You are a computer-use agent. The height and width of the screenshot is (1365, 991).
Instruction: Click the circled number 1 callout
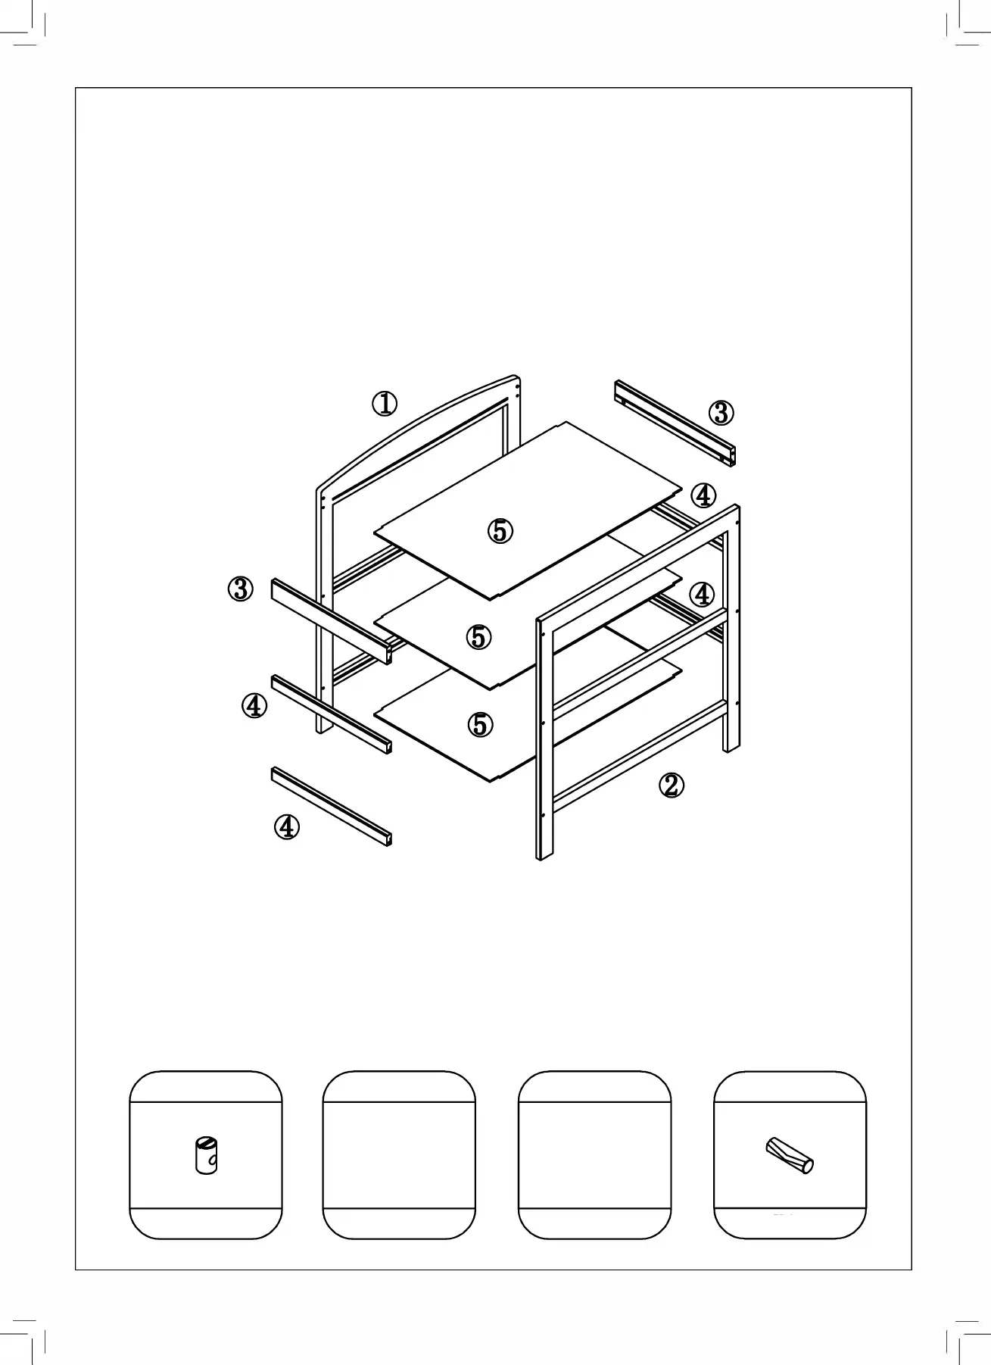(385, 404)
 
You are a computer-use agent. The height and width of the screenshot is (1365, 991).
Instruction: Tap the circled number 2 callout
(672, 786)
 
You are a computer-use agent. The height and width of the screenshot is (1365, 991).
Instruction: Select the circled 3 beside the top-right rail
(721, 413)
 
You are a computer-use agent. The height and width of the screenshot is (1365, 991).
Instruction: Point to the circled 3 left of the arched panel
(241, 589)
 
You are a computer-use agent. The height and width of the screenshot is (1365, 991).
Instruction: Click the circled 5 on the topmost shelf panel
(500, 531)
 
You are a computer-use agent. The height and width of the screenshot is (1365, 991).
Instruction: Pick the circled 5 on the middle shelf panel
(478, 637)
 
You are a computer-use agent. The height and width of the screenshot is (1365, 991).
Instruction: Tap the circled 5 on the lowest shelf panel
(480, 725)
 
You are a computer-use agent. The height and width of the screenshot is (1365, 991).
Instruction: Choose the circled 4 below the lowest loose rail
(286, 826)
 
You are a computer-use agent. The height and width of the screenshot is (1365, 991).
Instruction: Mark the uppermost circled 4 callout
(703, 495)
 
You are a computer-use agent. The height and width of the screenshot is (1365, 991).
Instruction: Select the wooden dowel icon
(789, 1154)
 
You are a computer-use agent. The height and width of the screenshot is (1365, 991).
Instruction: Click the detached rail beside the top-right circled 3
(674, 423)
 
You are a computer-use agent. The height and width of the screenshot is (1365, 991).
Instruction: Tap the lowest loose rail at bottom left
(331, 806)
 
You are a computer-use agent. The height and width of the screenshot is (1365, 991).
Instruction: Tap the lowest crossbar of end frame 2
(640, 753)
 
